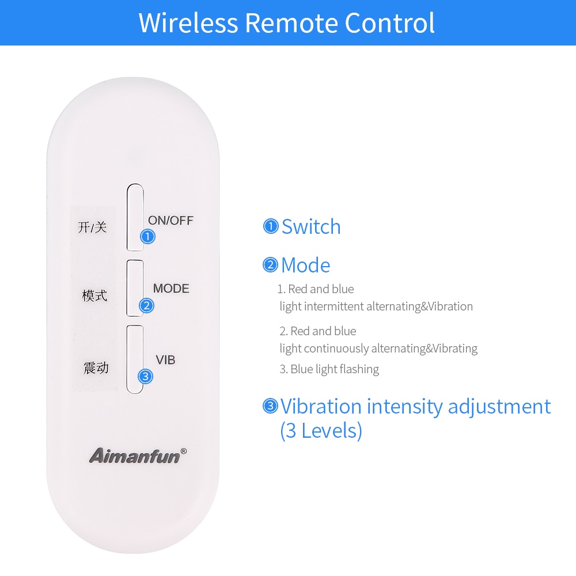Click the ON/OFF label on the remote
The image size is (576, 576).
[x=170, y=220]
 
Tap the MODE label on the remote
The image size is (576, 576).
[x=171, y=289]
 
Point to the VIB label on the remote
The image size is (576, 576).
[x=165, y=360]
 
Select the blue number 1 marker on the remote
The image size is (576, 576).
[x=147, y=236]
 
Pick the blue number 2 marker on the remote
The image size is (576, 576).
[x=146, y=305]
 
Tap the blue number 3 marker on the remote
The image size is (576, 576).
[x=146, y=377]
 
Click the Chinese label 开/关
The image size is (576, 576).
[x=92, y=227]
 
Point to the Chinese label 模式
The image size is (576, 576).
[x=94, y=296]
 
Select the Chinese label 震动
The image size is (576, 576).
[x=96, y=367]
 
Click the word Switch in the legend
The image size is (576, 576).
[x=311, y=227]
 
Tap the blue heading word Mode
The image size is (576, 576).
[x=305, y=266]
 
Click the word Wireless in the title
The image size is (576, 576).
[x=188, y=23]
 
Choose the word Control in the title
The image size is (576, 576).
[x=389, y=23]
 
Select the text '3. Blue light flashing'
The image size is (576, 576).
[x=329, y=369]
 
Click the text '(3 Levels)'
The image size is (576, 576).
[x=321, y=430]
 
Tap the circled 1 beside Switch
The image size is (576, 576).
[x=271, y=226]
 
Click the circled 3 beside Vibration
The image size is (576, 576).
[x=270, y=406]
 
